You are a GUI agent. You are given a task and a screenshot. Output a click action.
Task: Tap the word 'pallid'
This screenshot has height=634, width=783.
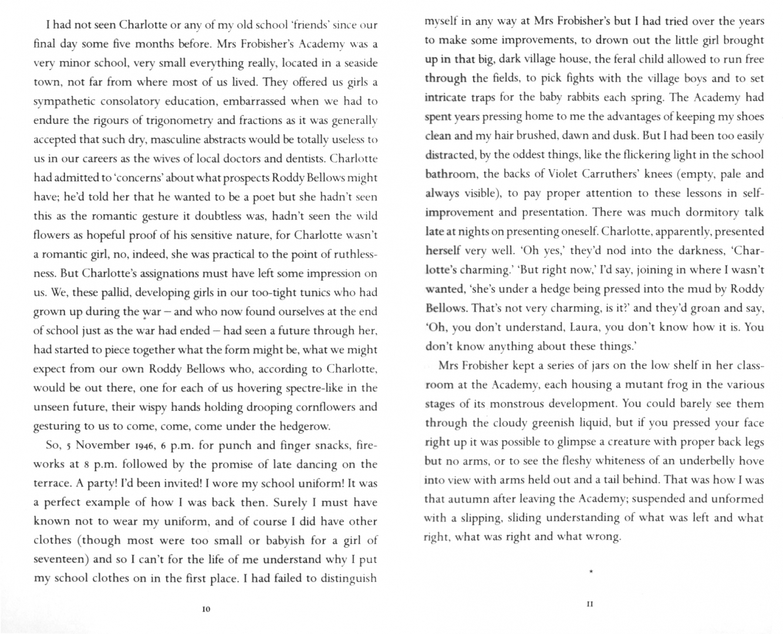(124, 292)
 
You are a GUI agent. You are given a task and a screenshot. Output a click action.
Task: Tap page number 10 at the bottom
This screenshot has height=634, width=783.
(205, 609)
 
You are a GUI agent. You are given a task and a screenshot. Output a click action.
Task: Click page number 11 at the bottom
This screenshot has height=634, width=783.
(590, 603)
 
